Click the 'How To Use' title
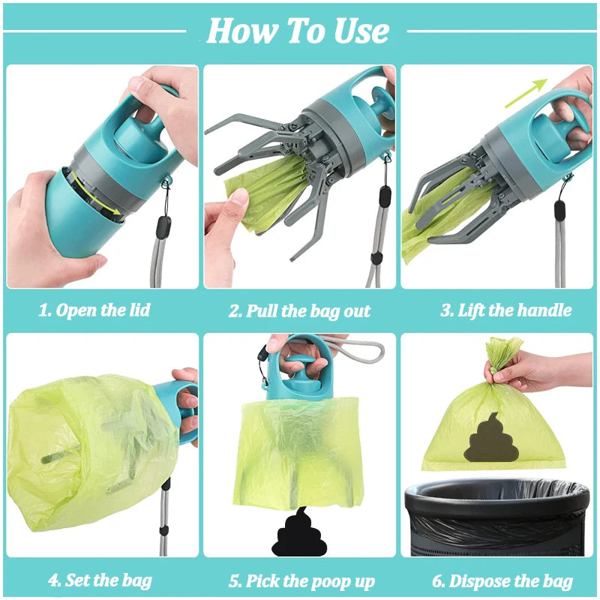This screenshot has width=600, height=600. (x=298, y=31)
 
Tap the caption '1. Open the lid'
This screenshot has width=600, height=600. (x=94, y=310)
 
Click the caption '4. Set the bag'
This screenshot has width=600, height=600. (x=100, y=580)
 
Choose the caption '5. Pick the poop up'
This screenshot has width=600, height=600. (x=301, y=580)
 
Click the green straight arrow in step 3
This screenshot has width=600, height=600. (x=524, y=94)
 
